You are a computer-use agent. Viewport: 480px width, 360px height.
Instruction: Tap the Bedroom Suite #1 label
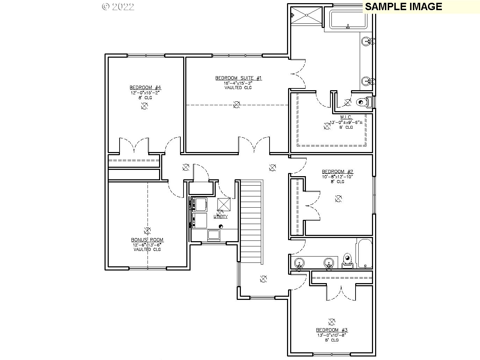point(238,78)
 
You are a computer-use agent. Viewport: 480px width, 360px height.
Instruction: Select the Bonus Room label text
point(147,240)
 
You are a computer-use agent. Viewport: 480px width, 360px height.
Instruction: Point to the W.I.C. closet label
point(346,117)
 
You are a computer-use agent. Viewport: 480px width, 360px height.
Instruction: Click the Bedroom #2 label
point(337,172)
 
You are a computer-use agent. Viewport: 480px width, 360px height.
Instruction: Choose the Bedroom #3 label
point(332,330)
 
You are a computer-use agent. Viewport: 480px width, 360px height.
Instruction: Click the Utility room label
point(221,217)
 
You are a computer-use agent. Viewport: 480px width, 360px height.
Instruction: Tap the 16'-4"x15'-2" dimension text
point(238,83)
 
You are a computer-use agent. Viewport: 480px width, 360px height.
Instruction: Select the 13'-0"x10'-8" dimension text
point(332,335)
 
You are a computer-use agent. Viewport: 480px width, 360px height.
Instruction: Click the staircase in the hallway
point(251,222)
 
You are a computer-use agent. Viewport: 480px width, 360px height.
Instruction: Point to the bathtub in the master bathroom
point(348,20)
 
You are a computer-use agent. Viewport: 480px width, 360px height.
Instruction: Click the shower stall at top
point(307,15)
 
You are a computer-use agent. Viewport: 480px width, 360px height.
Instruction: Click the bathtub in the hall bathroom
point(364,253)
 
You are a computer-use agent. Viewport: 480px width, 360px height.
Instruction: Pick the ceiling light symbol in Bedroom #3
point(332,322)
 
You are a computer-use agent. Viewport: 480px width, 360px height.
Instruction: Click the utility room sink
point(214,235)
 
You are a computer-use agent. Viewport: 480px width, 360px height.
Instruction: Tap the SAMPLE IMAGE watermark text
point(403,7)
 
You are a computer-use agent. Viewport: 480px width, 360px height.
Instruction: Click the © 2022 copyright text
point(118,7)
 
